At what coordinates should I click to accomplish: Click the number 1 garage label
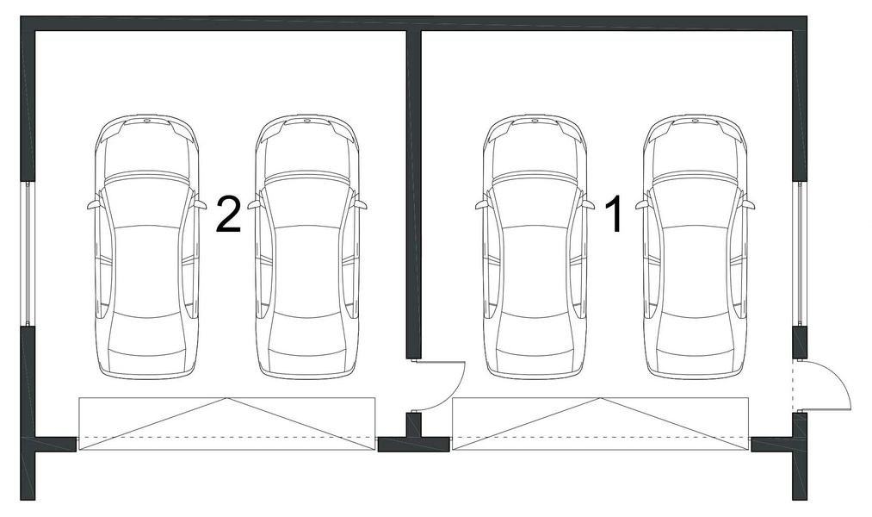615,215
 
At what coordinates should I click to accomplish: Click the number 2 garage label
227,215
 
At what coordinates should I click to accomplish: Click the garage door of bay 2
227,423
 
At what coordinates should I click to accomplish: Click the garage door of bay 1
600,423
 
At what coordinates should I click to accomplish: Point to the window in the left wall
28,253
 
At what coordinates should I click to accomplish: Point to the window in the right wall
800,253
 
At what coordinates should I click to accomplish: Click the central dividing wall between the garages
413,190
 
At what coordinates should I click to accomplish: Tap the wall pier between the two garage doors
413,445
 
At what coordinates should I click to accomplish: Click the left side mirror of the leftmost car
92,205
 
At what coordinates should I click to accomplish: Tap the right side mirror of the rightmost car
749,205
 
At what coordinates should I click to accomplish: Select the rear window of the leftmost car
146,332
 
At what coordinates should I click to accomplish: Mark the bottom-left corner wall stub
28,470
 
